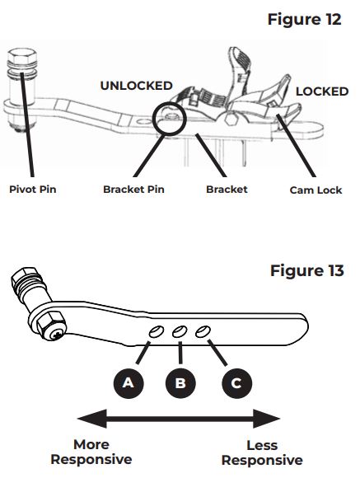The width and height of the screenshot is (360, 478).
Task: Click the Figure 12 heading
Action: [x=304, y=19]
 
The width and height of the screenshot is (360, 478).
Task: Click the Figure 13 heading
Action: [x=307, y=270]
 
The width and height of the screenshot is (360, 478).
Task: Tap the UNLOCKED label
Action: [x=136, y=86]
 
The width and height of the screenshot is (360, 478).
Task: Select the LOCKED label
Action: [x=322, y=91]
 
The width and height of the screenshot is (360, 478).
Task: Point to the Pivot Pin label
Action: [x=33, y=190]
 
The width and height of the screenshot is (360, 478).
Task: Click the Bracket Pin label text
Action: [x=133, y=190]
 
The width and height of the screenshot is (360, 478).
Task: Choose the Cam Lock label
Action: [x=316, y=190]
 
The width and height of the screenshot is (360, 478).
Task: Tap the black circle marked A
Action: [x=129, y=383]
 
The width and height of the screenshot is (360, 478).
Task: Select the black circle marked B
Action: [x=180, y=383]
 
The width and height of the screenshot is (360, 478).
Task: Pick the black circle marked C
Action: [x=236, y=383]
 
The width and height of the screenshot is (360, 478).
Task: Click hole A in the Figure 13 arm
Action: [x=157, y=331]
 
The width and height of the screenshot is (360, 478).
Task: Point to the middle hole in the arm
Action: [x=180, y=331]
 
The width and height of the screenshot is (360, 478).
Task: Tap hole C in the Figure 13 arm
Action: [x=203, y=331]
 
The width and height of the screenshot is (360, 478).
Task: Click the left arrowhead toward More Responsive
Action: [x=92, y=419]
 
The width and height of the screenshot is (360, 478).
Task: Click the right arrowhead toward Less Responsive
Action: [x=266, y=419]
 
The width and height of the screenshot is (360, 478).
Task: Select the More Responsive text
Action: [x=91, y=452]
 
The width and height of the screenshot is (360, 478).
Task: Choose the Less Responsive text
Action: [x=262, y=452]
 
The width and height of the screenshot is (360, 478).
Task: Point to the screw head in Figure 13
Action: [x=57, y=335]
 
